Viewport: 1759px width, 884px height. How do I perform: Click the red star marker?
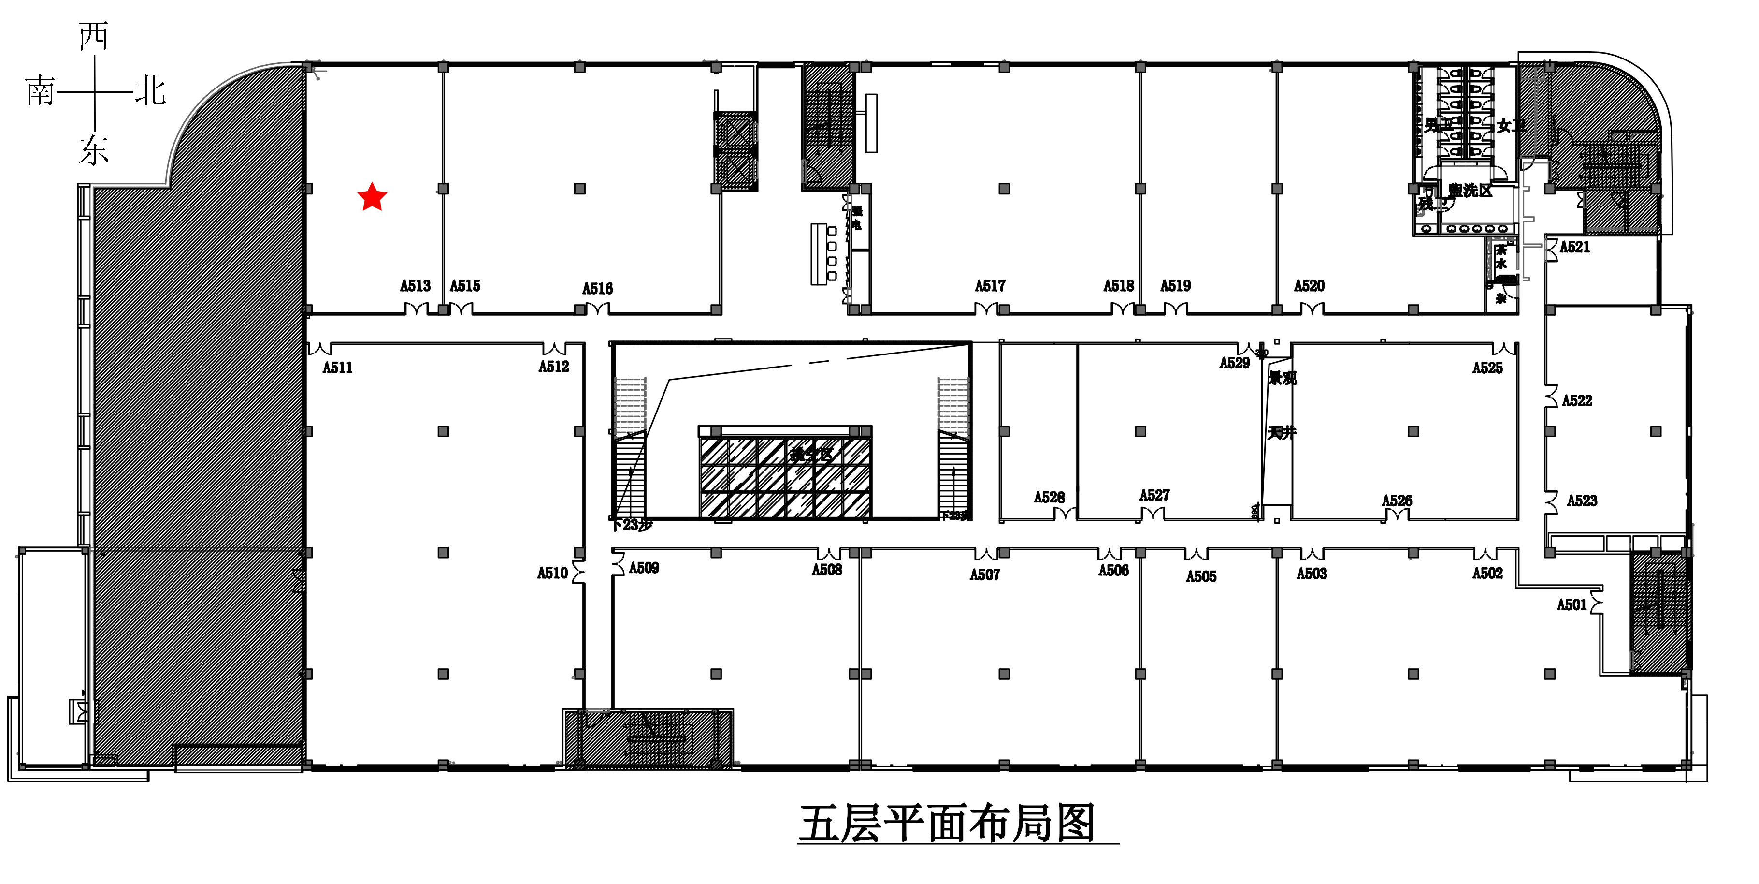(x=372, y=197)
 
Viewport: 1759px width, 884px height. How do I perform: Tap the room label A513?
(x=415, y=285)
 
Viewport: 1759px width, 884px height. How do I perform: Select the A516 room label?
(x=597, y=288)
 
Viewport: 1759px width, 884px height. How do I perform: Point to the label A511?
(x=337, y=368)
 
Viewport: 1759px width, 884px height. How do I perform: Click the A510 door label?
(x=552, y=573)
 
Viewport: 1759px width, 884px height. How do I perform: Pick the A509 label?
(x=644, y=568)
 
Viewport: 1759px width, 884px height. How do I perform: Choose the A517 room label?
(x=990, y=285)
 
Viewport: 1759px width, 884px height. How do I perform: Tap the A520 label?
(x=1309, y=285)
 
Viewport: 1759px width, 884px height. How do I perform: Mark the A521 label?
(x=1574, y=247)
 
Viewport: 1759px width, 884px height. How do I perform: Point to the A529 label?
(x=1235, y=363)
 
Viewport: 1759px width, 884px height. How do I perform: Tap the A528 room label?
(x=1050, y=497)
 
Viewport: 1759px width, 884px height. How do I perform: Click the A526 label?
(x=1397, y=501)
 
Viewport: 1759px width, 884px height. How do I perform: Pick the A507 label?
(x=985, y=575)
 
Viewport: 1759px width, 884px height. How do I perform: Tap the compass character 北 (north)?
(x=150, y=91)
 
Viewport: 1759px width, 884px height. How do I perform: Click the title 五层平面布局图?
(x=948, y=823)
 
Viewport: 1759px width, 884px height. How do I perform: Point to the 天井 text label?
(x=1282, y=432)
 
